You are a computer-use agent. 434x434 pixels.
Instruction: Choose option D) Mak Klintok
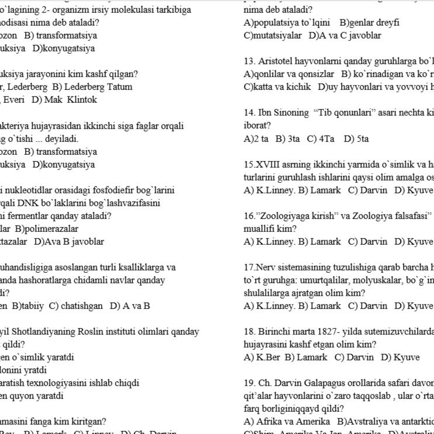tap(65, 100)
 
